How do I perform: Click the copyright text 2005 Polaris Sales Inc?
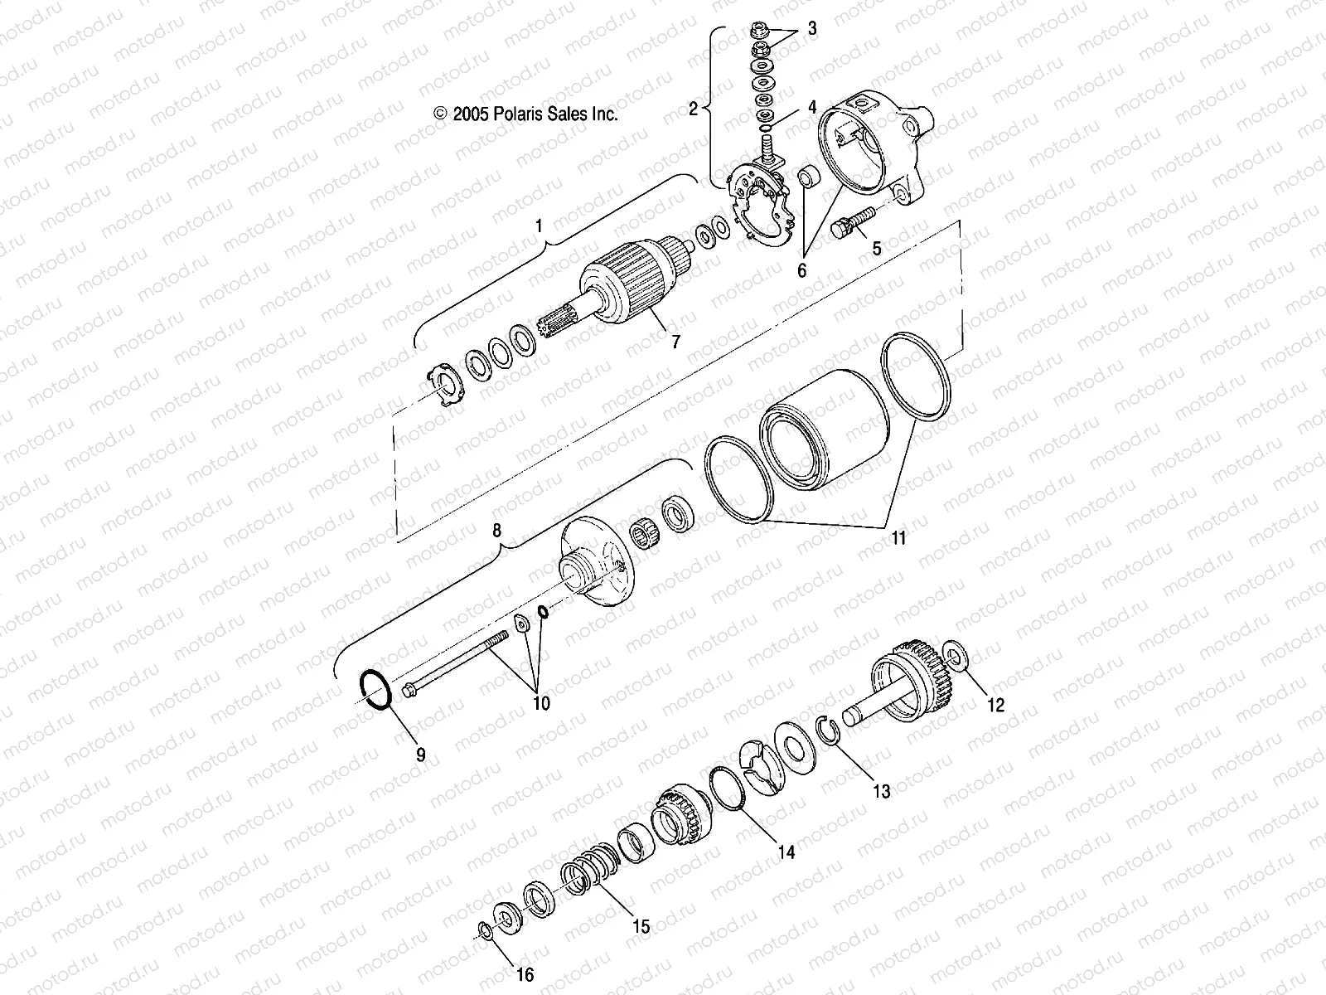[526, 114]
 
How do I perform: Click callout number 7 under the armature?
[675, 341]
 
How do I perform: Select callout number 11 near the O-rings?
[898, 538]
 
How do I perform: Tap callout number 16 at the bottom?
[525, 975]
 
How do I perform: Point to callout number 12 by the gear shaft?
[995, 705]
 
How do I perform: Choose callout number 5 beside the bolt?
[877, 247]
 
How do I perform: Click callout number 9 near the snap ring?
[420, 755]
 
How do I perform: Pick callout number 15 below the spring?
[641, 927]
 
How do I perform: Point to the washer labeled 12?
[956, 660]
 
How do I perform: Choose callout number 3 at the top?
[811, 29]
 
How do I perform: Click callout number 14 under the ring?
[786, 851]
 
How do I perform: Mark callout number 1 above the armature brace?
[540, 226]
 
